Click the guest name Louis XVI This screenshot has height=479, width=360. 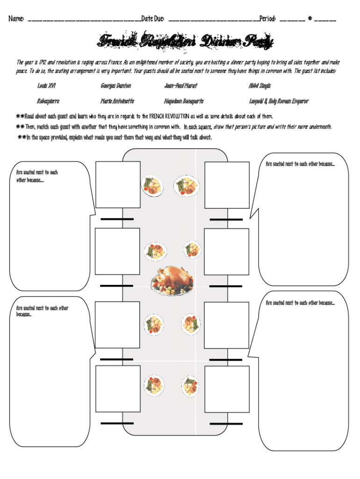pyautogui.click(x=46, y=86)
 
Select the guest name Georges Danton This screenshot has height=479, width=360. pyautogui.click(x=115, y=86)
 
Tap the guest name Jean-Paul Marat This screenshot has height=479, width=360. pyautogui.click(x=180, y=86)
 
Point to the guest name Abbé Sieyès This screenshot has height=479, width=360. pyautogui.click(x=260, y=86)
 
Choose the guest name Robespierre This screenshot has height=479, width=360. pyautogui.click(x=48, y=101)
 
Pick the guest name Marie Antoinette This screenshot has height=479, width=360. pyautogui.click(x=117, y=101)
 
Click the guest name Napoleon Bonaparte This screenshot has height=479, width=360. pyautogui.click(x=184, y=101)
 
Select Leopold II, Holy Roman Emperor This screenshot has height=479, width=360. pyautogui.click(x=279, y=101)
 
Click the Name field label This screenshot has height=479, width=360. pyautogui.click(x=16, y=19)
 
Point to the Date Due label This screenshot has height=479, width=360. pyautogui.click(x=153, y=19)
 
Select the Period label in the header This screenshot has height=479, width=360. pyautogui.click(x=268, y=19)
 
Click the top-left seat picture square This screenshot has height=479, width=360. pyautogui.click(x=118, y=184)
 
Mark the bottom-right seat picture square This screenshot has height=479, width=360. pyautogui.click(x=227, y=388)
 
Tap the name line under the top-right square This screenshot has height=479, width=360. pyautogui.click(x=226, y=219)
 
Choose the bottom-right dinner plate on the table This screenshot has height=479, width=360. pyautogui.click(x=191, y=385)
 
